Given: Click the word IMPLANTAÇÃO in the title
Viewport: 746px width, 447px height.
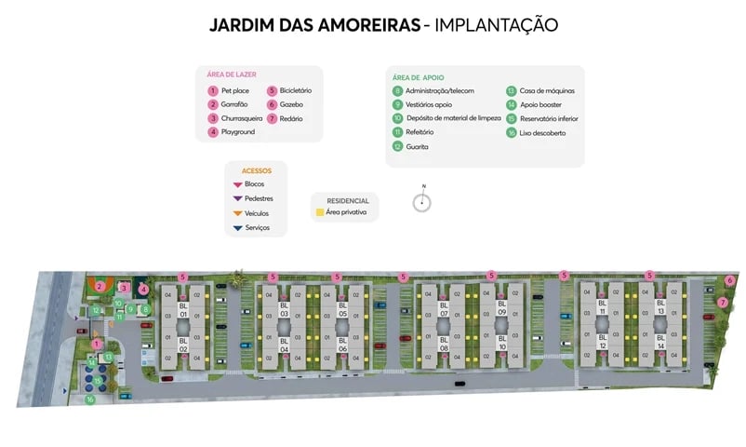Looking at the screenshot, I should [496, 25].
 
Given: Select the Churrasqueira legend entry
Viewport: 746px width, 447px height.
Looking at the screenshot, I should [239, 118].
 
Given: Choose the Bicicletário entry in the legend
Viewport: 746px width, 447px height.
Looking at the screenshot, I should [295, 90].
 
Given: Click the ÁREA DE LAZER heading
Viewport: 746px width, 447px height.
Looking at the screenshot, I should [232, 74].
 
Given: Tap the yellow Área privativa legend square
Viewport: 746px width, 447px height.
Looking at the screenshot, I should [320, 212].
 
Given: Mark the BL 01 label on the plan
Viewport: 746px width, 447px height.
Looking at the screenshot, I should [183, 311].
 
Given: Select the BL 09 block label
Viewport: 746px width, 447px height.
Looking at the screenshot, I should [501, 308].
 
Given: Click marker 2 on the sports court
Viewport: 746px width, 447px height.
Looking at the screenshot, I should [100, 286].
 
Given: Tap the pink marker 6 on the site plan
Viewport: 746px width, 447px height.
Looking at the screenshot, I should [730, 279].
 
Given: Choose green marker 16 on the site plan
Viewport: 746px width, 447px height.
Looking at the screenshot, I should [90, 400].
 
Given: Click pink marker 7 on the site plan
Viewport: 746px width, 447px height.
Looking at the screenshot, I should [723, 302].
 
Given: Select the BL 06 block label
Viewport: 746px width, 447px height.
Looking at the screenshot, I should [342, 341].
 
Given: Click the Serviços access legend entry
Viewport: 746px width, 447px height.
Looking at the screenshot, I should [257, 228].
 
